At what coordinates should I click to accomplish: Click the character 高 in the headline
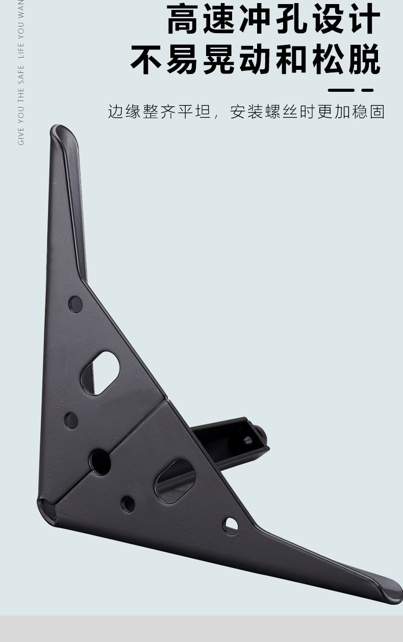[x=183, y=19]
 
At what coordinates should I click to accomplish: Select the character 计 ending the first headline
[x=365, y=19]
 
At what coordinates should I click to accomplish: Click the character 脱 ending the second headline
[x=365, y=59]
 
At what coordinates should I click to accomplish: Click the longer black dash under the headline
[x=341, y=90]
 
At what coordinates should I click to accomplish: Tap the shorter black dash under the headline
[x=367, y=90]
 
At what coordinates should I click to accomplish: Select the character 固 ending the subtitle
[x=377, y=112]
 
